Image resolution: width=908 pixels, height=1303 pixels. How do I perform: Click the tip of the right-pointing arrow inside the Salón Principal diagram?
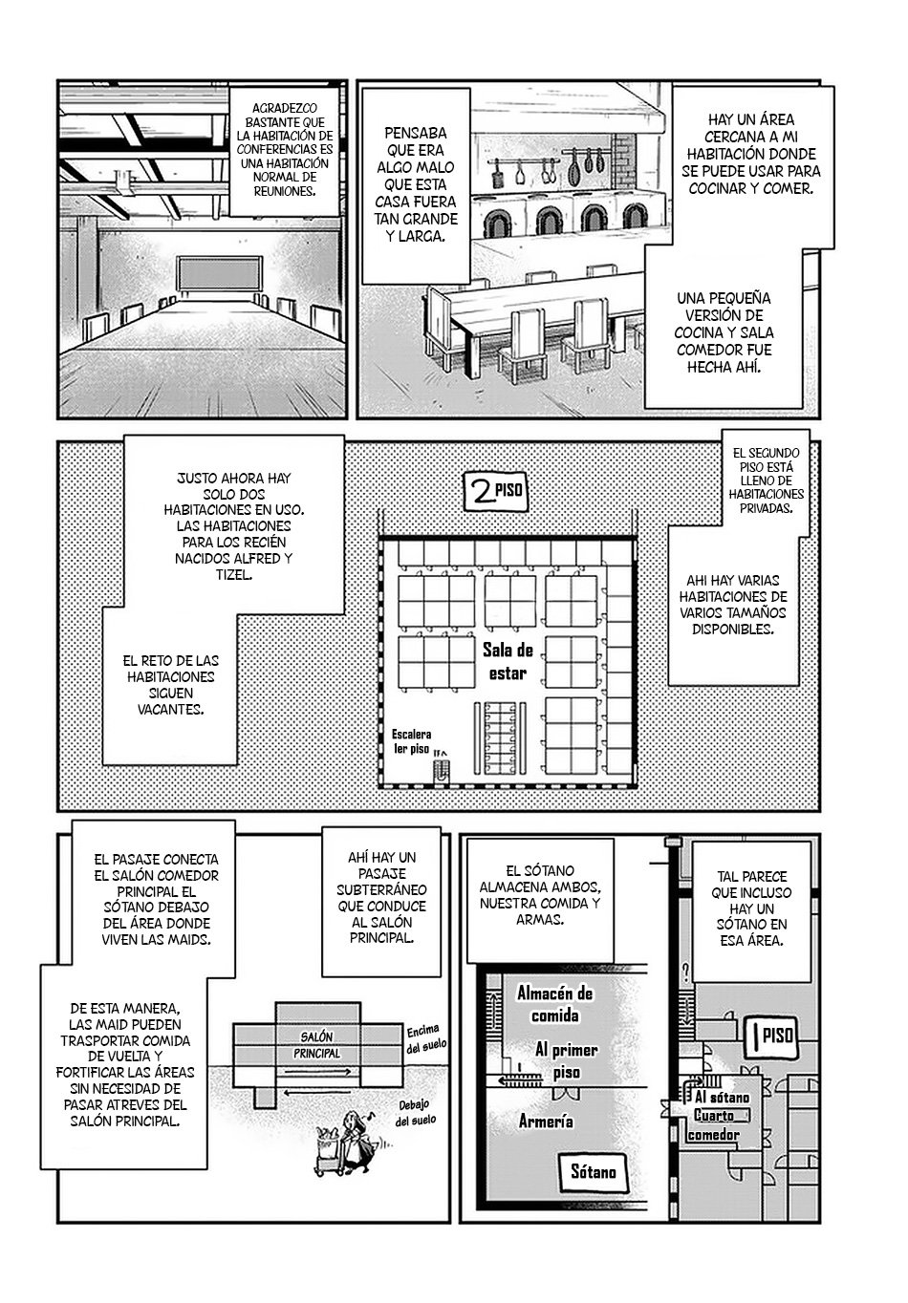352,1070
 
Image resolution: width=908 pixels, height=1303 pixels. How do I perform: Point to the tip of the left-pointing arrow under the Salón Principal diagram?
285,1094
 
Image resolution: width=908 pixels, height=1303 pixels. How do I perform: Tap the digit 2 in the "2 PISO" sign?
481,492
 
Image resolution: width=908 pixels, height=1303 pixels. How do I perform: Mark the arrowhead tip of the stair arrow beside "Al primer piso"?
498,1080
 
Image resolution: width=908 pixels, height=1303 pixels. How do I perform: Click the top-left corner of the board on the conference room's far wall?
179,258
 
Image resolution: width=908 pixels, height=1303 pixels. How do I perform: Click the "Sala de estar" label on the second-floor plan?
508,661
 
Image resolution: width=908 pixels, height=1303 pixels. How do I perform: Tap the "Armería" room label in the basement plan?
546,1121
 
